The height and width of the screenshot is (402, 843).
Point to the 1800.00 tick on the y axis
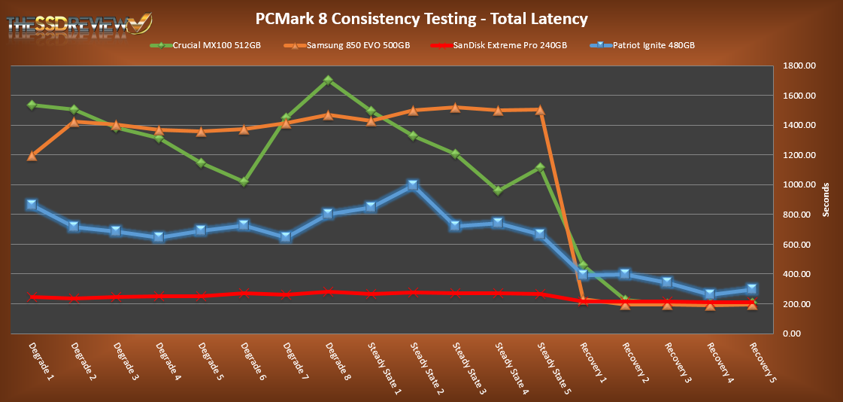[799, 66]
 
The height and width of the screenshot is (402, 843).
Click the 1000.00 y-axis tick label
[799, 185]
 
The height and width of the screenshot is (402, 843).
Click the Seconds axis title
[825, 199]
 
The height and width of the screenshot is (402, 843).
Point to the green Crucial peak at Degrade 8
[329, 80]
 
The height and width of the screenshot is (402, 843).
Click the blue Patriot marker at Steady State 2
[413, 186]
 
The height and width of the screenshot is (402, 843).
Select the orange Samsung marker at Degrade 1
[32, 156]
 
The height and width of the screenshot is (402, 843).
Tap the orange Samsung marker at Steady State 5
[540, 110]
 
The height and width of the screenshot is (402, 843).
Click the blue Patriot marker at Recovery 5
[752, 289]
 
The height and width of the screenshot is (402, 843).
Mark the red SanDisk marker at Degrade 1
[32, 297]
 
